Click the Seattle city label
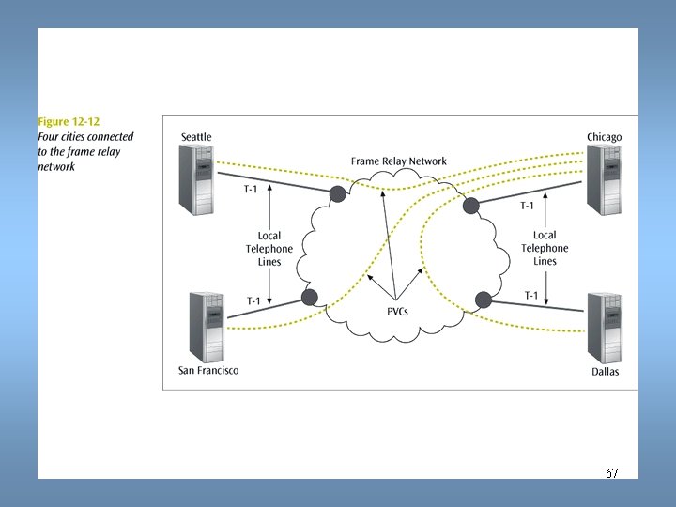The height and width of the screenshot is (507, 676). point(196,137)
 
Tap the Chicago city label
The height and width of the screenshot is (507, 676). point(604,137)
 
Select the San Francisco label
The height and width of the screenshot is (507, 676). point(208,370)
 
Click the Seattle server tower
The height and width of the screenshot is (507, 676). point(198,180)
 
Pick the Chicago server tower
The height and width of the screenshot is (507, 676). point(604,180)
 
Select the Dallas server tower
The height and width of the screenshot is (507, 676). point(604,327)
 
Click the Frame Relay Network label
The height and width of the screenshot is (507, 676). point(399,161)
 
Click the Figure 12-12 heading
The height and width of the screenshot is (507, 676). point(69,122)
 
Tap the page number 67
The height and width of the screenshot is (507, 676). point(611,473)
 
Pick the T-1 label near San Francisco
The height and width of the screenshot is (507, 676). point(253,301)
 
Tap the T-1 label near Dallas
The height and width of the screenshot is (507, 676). point(530,296)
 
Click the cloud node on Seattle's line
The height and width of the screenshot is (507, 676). point(336,193)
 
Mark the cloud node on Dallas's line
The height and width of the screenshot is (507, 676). point(484,300)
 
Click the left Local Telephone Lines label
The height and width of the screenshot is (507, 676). point(269,249)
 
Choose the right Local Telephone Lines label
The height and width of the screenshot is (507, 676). point(545,248)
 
